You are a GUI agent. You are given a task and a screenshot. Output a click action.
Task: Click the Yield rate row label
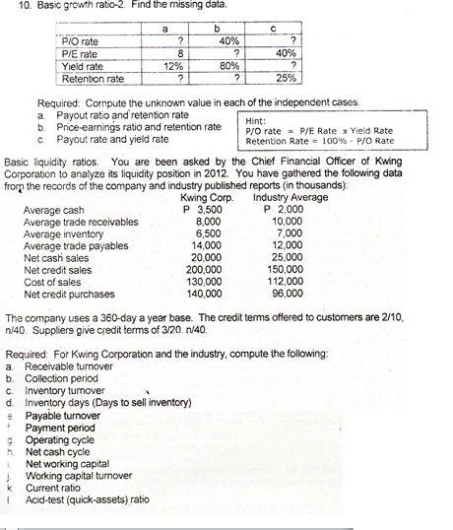[85, 66]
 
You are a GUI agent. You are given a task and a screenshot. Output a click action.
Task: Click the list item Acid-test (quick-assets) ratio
[87, 498]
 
